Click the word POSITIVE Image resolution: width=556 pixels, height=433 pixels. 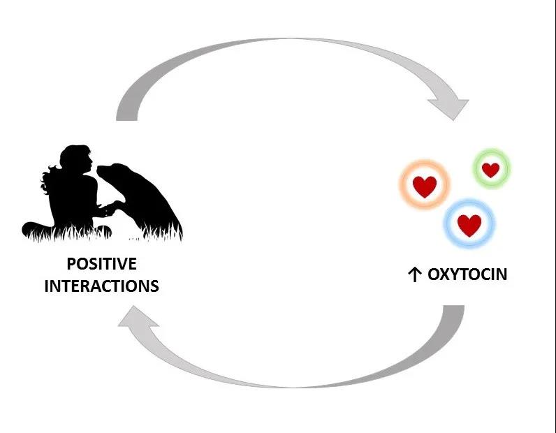(102, 264)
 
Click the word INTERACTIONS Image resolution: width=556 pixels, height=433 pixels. (102, 286)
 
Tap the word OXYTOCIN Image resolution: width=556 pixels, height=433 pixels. (467, 274)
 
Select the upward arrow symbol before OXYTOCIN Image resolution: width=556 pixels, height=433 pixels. (414, 275)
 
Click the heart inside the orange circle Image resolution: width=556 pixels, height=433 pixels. (425, 186)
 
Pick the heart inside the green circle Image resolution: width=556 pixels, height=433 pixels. (491, 170)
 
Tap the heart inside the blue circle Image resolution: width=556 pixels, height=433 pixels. (469, 225)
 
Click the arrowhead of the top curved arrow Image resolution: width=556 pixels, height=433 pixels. (450, 108)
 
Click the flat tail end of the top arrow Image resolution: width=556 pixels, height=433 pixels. (126, 118)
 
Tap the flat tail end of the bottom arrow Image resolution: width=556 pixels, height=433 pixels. (454, 307)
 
